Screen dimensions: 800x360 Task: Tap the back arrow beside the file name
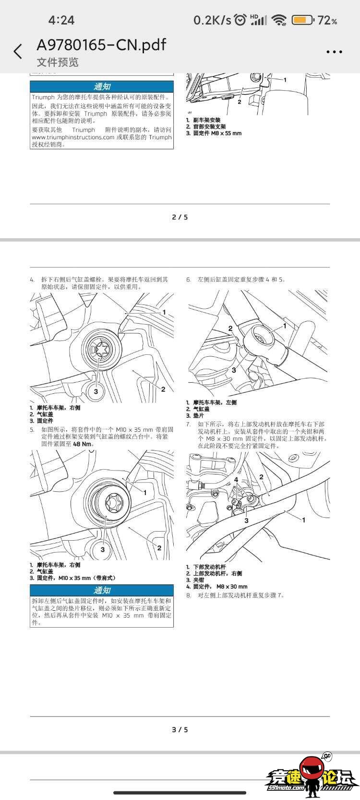(18, 51)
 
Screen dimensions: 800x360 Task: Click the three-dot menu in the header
(334, 52)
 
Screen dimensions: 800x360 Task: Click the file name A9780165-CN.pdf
(101, 45)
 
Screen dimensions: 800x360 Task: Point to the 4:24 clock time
(61, 20)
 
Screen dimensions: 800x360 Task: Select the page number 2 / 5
(180, 217)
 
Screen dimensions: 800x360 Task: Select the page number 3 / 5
(180, 729)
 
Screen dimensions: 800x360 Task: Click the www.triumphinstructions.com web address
(73, 137)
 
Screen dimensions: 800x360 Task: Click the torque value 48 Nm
(82, 444)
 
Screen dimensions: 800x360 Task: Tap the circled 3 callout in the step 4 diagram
(96, 391)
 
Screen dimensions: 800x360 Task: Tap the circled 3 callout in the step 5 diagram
(102, 549)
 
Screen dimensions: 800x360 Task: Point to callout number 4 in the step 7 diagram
(236, 480)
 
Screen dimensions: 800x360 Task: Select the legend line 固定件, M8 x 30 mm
(220, 586)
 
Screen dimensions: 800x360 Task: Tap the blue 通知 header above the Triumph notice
(102, 86)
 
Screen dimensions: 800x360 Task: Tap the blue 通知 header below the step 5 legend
(102, 590)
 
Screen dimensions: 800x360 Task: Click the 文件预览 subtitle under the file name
(58, 62)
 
